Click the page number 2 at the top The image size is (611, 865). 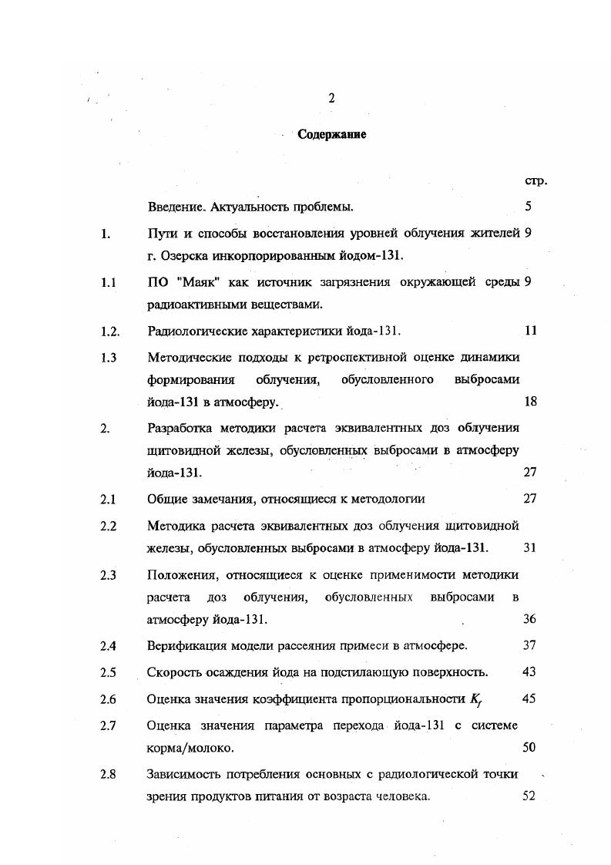tap(331, 98)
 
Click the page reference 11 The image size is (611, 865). tap(529, 331)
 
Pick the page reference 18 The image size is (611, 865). tap(529, 401)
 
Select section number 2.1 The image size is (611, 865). tap(108, 499)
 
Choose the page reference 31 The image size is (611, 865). tap(529, 547)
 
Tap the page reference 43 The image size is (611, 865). tap(529, 671)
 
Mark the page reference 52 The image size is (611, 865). tap(529, 796)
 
